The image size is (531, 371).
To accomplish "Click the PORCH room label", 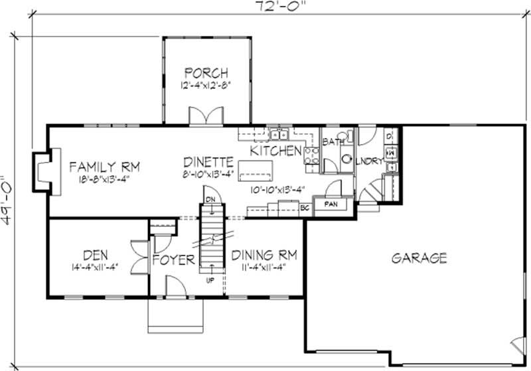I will click(x=206, y=72).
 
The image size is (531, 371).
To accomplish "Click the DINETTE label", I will click(x=208, y=161).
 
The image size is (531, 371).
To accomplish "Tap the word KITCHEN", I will click(x=275, y=151).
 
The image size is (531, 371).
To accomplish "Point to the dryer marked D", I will click(x=390, y=137).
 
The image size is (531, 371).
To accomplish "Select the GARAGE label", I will click(x=418, y=258).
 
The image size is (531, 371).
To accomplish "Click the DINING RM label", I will click(x=264, y=255).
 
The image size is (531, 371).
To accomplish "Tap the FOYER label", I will click(x=174, y=259).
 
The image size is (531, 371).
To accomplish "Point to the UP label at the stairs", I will click(x=211, y=280).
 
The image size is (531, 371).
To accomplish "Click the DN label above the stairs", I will click(x=210, y=199).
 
